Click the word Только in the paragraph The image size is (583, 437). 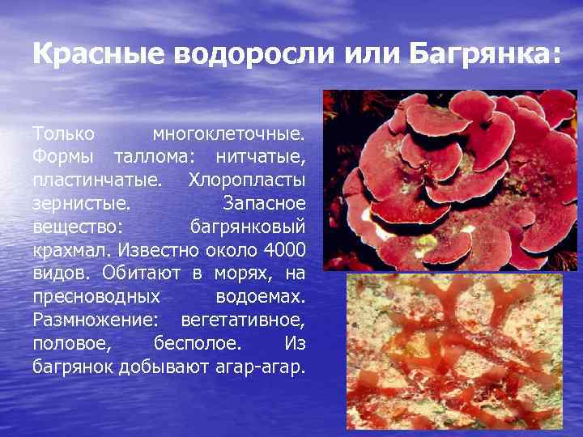[64, 132]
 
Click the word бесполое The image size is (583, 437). [197, 343]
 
